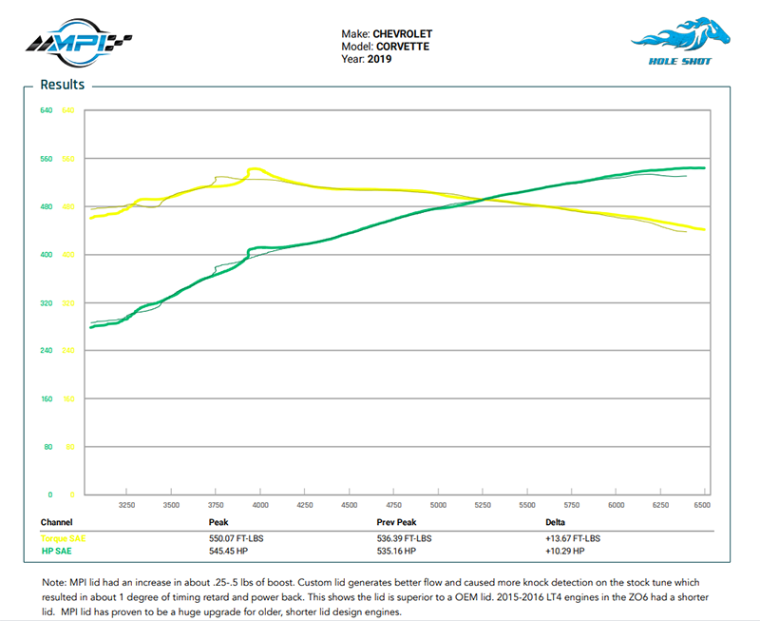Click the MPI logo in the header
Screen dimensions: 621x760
(x=78, y=41)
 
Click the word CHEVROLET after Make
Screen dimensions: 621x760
(x=401, y=34)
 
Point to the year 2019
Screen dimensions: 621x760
(x=380, y=59)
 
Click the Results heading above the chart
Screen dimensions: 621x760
(x=62, y=85)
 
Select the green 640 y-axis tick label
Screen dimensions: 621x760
(x=46, y=110)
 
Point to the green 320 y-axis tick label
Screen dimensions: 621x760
(x=46, y=302)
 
